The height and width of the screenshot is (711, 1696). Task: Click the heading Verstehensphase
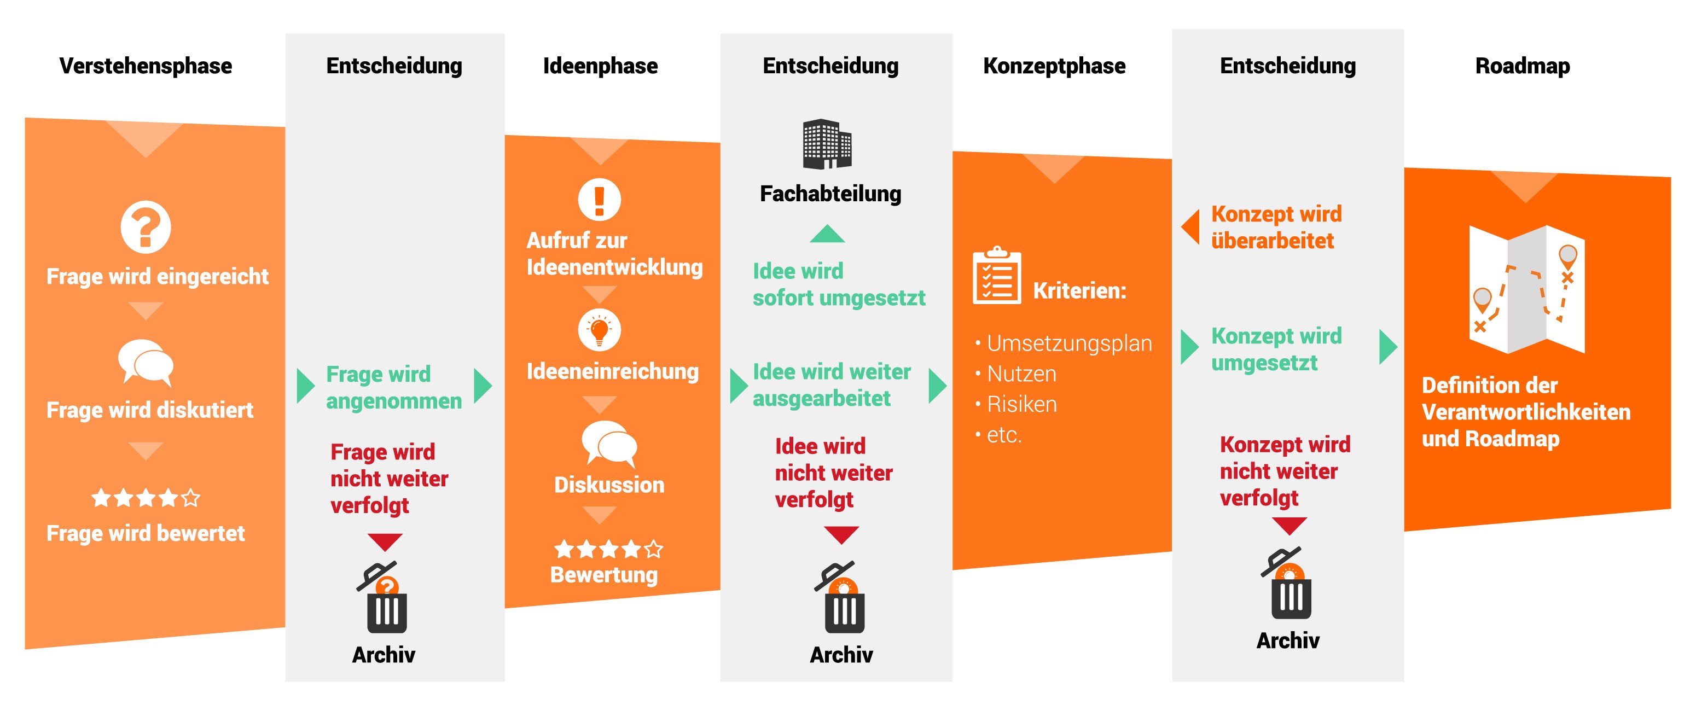coord(146,66)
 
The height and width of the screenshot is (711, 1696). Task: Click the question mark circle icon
coord(146,227)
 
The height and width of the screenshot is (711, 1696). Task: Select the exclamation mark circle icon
coord(599,199)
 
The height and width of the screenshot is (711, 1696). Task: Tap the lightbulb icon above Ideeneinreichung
coord(599,330)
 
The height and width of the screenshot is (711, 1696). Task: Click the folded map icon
coord(1527,290)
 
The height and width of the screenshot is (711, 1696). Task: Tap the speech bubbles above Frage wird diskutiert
coord(146,363)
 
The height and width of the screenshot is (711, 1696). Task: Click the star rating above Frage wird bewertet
coord(146,498)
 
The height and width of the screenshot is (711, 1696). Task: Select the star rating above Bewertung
coord(608,549)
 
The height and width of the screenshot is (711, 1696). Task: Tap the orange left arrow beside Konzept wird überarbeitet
coord(1190,227)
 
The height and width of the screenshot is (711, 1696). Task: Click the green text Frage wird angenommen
coord(394,387)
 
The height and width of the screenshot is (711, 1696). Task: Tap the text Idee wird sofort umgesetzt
coord(839,284)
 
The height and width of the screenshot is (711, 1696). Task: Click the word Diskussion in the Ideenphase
coord(609,485)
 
